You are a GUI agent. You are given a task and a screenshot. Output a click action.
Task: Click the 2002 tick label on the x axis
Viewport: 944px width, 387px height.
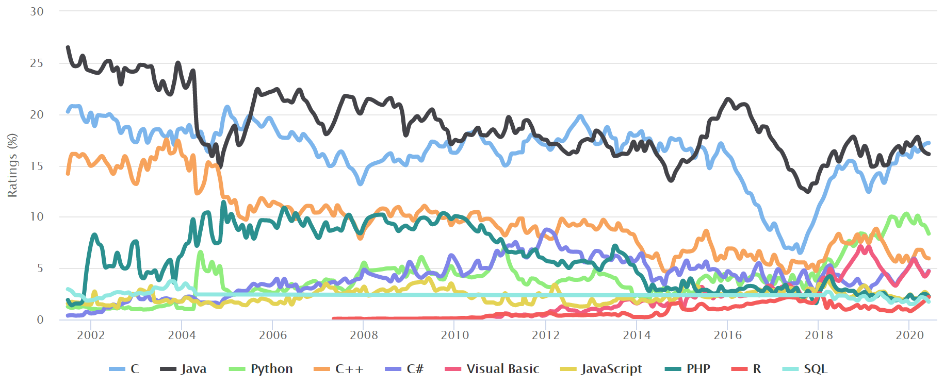91,335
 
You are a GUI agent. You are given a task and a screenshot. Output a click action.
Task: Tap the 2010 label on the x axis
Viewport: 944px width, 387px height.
455,335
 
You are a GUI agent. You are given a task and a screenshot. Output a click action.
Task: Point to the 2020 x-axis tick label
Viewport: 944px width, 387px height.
909,335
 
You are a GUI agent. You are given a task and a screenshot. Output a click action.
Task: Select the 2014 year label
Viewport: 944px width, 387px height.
637,335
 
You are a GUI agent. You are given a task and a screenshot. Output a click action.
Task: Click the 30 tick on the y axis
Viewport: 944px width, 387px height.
37,11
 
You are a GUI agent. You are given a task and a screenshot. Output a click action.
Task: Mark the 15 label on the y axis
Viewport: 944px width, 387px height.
37,166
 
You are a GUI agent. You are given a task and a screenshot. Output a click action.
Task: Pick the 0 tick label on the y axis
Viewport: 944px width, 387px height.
40,320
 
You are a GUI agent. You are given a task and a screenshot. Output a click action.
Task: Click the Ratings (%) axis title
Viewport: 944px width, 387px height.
12,165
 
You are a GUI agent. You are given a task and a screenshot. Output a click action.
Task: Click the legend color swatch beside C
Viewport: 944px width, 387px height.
117,369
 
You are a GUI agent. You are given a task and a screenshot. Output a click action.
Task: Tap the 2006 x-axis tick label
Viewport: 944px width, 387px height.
273,335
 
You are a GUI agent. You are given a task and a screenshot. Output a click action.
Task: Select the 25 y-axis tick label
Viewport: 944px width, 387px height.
37,63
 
